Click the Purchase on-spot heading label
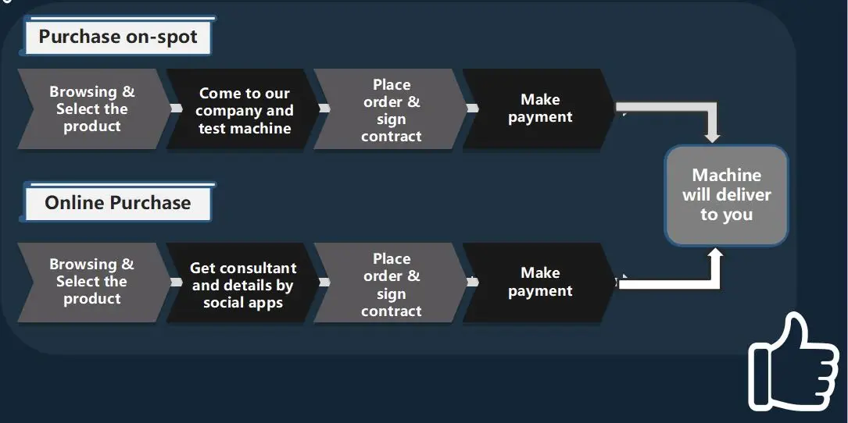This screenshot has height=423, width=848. coord(118,37)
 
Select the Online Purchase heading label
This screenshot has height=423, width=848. coord(118,203)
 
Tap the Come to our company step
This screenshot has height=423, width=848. coord(244,110)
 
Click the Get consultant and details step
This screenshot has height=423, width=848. coord(243,285)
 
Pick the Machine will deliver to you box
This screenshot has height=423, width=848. coord(726,195)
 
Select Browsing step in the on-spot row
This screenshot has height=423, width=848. coord(92,109)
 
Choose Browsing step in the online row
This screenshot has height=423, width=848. coord(92,282)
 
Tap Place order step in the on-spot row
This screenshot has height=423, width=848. coord(391,110)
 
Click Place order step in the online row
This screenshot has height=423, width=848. coord(391,284)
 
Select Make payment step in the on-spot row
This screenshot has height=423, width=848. coord(540,108)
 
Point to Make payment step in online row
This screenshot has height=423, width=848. coord(540,282)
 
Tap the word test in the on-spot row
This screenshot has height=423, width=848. coord(212,129)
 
